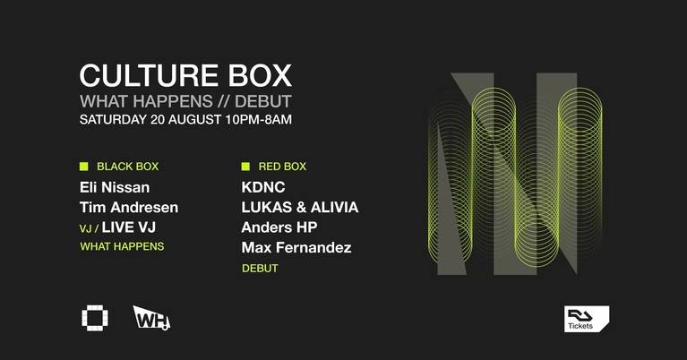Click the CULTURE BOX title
point(185,74)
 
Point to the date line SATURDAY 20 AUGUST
point(154,118)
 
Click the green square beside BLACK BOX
point(84,166)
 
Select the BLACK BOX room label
point(127,166)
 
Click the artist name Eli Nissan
point(115,187)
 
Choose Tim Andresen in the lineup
point(129,207)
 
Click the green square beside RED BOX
point(245,166)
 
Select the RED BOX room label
point(282,166)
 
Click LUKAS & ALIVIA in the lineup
point(299,207)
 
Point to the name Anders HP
point(279,227)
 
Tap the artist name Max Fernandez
point(296,247)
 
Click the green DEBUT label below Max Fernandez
point(260,268)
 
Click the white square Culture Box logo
point(93,318)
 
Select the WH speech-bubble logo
point(150,318)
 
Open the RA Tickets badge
point(587,319)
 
